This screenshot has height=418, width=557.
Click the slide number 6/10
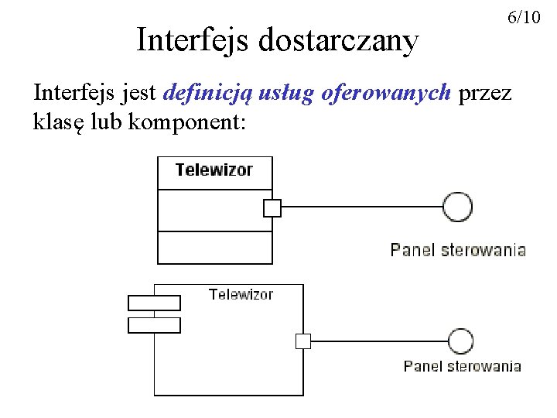point(524,17)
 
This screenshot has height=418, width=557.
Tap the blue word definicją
point(202,94)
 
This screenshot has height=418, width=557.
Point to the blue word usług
point(279,94)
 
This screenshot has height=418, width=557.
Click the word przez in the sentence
point(485,94)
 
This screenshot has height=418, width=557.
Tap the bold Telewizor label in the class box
point(214,170)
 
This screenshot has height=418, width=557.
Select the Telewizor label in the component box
point(241,294)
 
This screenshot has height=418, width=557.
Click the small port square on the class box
point(272,207)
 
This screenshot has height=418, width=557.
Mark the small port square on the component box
point(303,341)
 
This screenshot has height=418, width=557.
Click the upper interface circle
point(457,207)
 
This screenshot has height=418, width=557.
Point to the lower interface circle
point(461,341)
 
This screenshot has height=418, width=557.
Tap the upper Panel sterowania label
point(458,250)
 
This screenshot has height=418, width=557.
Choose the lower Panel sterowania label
point(462,366)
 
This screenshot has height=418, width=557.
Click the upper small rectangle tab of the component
point(154,303)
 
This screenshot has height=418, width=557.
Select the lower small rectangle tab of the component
point(154,325)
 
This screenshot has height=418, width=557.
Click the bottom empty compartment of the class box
point(215,248)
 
